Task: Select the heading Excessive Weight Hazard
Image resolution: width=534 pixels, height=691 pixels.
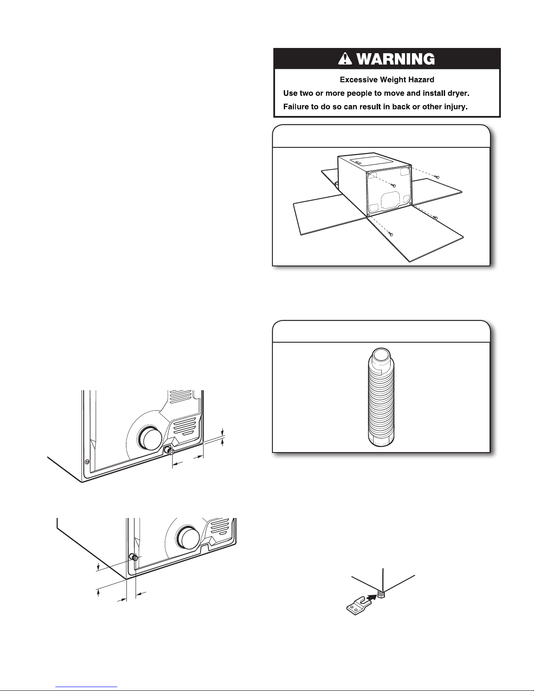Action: pyautogui.click(x=387, y=80)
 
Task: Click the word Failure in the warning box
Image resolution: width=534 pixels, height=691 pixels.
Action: pyautogui.click(x=296, y=107)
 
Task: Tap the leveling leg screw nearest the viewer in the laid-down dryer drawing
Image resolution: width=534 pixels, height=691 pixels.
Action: pyautogui.click(x=391, y=234)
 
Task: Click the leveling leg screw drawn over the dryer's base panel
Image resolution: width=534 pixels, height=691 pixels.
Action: pyautogui.click(x=394, y=185)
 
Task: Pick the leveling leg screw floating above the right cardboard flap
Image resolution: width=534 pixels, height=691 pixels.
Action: pyautogui.click(x=437, y=177)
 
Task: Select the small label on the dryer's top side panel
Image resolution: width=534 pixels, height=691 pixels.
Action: pyautogui.click(x=358, y=164)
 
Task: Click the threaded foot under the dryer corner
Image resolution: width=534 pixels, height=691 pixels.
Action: pyautogui.click(x=383, y=594)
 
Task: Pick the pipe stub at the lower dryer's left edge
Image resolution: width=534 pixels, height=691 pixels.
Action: pyautogui.click(x=133, y=557)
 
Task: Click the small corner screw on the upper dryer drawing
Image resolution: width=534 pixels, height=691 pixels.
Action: pyautogui.click(x=86, y=462)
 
